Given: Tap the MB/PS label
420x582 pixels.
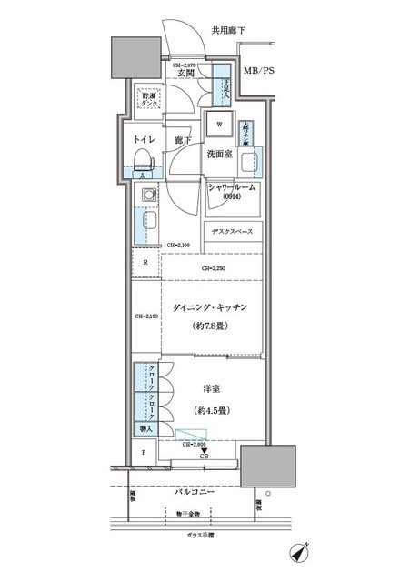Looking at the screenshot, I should (x=262, y=70).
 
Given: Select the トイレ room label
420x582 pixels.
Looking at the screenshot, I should (x=144, y=142).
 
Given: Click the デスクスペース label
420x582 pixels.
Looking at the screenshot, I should (x=233, y=231).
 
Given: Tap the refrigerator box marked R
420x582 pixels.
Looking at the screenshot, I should (x=145, y=263).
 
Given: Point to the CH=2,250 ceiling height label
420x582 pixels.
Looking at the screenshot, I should (x=214, y=268).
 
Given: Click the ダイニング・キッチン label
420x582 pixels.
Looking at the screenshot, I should (x=210, y=309).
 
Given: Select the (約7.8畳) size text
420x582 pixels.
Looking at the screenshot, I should (x=210, y=327).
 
